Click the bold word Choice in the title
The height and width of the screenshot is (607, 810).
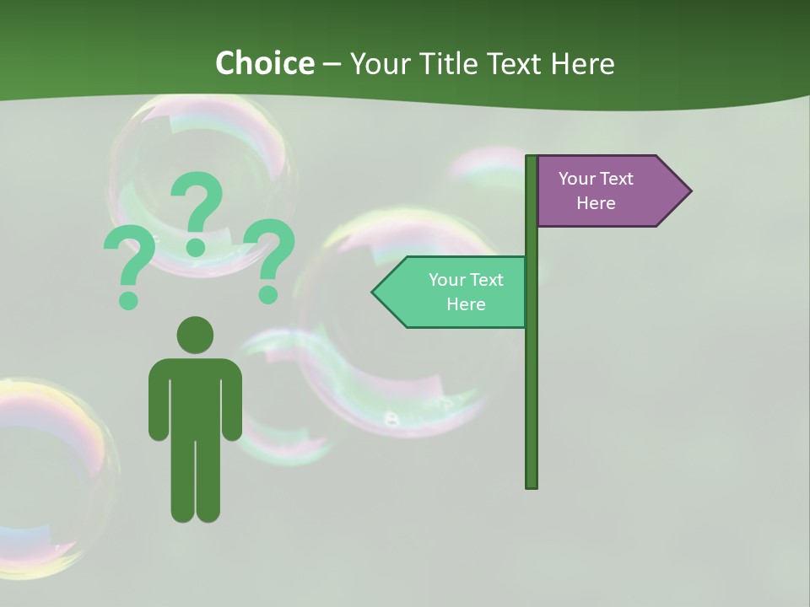(x=264, y=63)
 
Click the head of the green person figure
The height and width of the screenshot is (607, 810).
(x=195, y=335)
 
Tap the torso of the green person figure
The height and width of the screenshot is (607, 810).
(x=195, y=396)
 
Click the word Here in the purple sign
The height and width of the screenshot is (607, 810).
(x=596, y=203)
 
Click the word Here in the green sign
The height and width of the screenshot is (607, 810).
(x=466, y=304)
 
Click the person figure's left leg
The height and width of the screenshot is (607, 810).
(x=183, y=481)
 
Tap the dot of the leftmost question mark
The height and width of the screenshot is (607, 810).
(x=128, y=299)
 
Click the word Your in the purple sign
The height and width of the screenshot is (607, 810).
(x=576, y=178)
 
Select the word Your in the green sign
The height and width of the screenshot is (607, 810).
(x=446, y=279)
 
